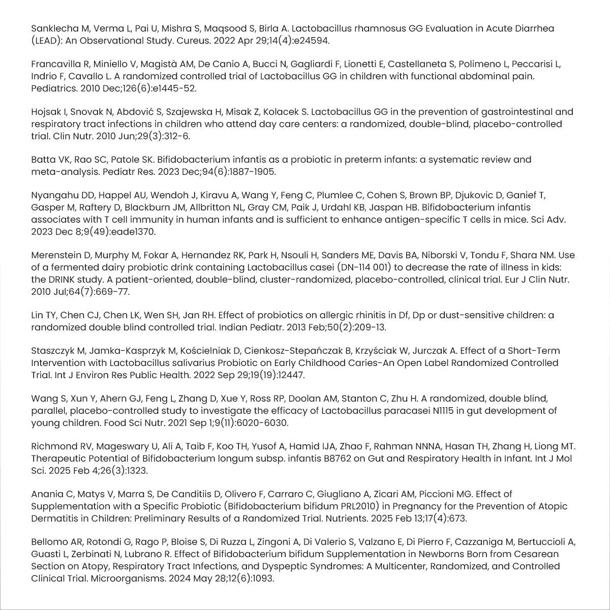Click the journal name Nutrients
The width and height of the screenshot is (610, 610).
[x=346, y=518]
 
